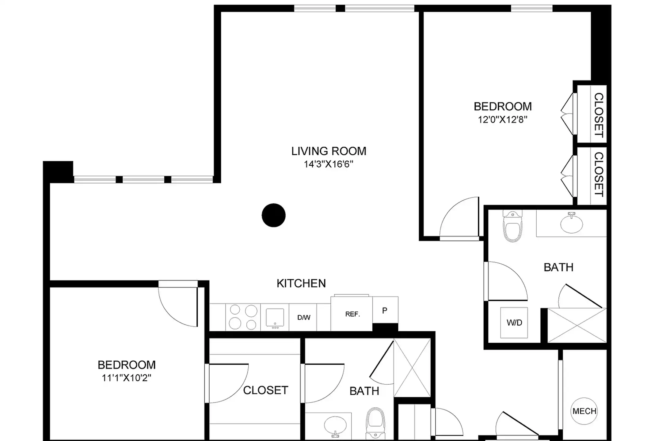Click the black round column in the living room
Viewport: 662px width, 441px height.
pos(274,215)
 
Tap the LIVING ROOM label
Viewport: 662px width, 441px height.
pos(329,151)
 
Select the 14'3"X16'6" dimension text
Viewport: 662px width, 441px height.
pos(329,164)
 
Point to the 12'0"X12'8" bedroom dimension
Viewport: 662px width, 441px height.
pos(503,119)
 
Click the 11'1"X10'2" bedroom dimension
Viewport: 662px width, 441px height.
pos(127,378)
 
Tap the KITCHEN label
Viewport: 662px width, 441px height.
pos(301,284)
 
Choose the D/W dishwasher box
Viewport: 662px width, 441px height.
pos(304,318)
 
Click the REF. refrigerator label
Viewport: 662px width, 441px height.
pos(352,314)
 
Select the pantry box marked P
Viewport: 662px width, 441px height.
pos(385,311)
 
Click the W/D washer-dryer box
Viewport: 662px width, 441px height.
pos(514,322)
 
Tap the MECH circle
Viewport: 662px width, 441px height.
pos(584,411)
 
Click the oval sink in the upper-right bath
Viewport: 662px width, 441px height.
pos(572,224)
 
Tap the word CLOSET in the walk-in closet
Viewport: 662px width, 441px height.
pos(265,390)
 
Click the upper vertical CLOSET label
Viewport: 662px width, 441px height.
pos(599,115)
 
